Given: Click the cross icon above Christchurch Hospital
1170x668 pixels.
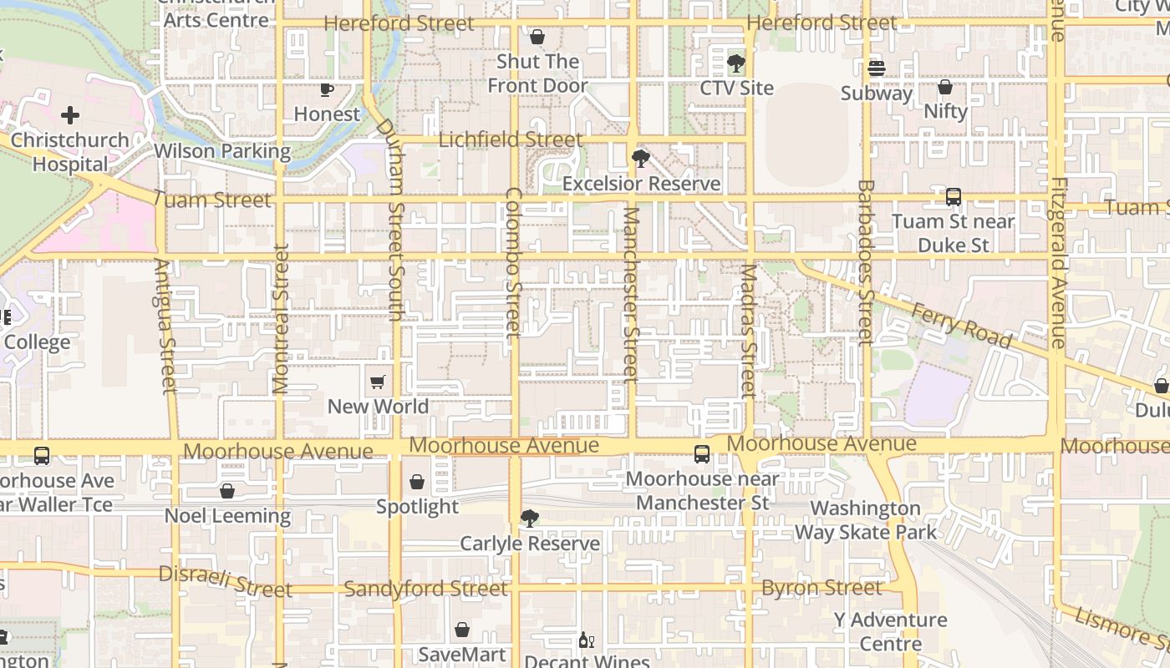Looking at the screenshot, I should pos(70,115).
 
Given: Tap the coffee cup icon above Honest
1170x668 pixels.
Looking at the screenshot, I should pos(327,89).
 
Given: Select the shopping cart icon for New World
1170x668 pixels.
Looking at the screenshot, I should pos(377,382).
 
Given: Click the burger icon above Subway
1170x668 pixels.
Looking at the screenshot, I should pos(876,68).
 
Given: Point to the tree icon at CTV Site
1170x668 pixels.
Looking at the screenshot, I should pos(736,63).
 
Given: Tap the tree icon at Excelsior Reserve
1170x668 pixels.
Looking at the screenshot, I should pos(641,158).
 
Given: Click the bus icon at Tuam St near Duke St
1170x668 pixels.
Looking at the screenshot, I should pos(953,197).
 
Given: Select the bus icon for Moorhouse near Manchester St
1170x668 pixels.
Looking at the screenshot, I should pos(702,454).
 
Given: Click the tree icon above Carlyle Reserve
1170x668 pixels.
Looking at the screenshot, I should pos(529,519).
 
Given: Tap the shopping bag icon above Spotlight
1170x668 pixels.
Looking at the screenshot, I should pos(417,482).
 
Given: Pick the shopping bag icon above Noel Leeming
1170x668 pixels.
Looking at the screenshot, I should pos(226,491).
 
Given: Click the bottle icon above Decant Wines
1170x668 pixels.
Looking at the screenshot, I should pos(587,640).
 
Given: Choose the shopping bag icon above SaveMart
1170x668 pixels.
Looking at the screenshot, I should pos(462,630).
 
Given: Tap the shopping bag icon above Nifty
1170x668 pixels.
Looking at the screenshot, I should pos(945,87).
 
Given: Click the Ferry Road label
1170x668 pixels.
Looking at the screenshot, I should pos(961,326).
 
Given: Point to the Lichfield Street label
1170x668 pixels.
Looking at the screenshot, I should pos(510,139).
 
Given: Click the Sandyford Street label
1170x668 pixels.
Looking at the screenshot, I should pos(425,589).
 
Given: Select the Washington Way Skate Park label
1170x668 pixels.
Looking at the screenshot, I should pos(865,519).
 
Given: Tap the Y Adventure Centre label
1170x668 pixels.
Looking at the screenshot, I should pos(890,631).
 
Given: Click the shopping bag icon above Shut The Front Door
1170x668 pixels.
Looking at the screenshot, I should pos(537,37).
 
